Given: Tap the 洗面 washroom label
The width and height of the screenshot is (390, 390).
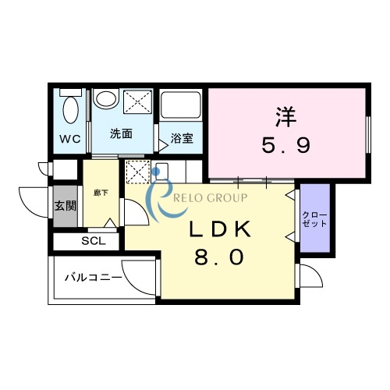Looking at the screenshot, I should [120, 133].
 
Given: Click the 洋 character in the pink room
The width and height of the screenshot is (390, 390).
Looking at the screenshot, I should [286, 117].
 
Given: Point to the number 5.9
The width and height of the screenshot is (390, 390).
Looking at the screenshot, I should [286, 145].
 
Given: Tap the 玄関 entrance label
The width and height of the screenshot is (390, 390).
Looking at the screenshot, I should [64, 207].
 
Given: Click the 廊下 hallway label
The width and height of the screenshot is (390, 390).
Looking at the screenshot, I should [100, 192].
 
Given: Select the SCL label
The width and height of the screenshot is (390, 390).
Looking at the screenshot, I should [93, 241].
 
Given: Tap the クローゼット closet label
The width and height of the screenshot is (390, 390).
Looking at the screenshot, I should [314, 218].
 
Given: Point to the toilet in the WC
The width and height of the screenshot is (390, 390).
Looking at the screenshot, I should [71, 111].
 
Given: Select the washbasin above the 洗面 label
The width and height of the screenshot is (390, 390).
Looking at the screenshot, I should [105, 102].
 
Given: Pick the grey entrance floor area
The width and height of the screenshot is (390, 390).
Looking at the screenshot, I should [65, 207].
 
